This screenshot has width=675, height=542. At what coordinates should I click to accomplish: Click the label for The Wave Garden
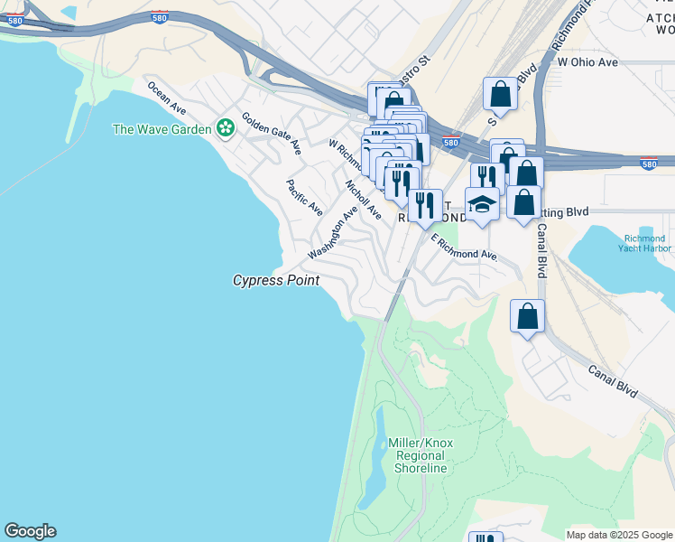tap(161, 129)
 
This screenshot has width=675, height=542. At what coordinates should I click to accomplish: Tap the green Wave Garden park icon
tap(225, 129)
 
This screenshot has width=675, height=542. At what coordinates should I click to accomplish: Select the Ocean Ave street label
tap(167, 98)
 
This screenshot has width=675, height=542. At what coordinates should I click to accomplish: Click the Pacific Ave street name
tap(304, 197)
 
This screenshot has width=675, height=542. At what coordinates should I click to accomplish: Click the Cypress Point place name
tap(276, 281)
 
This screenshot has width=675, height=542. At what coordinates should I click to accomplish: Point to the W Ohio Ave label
tap(587, 62)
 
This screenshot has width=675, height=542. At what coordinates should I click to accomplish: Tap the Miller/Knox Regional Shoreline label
tap(421, 455)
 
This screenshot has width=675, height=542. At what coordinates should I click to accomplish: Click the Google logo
tap(30, 531)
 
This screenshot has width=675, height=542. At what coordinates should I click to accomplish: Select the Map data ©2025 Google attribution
tap(618, 535)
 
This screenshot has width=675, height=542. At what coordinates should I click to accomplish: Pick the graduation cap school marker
tap(482, 204)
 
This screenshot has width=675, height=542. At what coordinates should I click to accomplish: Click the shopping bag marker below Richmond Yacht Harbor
tap(528, 317)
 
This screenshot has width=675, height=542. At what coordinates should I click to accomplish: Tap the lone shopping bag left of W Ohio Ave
tap(500, 94)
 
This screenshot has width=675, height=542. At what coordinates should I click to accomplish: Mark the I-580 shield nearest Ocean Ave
tap(159, 18)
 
